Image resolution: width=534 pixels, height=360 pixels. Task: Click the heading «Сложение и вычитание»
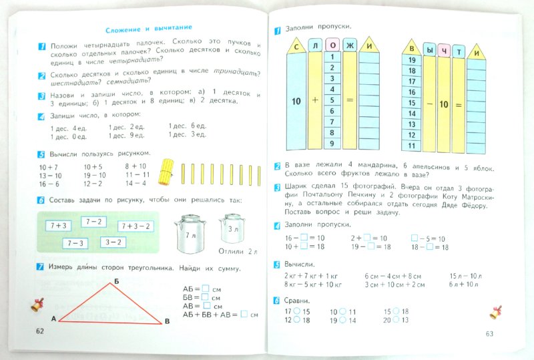coord(149,28)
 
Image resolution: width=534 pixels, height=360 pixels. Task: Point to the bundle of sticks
coord(166,172)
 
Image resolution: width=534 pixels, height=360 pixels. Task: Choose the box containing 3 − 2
coord(111,242)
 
